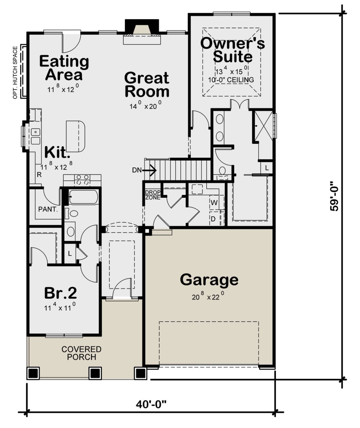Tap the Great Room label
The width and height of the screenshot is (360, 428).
147,84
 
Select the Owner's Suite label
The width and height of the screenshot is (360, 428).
232,50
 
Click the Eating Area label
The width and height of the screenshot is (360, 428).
64,68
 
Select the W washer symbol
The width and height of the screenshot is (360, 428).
214,203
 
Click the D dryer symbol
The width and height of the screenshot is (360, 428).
213,219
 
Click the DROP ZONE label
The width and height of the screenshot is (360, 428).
153,195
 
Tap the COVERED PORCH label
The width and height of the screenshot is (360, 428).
81,353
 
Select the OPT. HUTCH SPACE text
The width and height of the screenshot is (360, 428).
15,73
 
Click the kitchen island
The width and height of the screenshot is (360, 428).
75,136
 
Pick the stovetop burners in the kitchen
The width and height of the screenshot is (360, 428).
82,180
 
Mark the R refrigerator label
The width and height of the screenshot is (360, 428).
39,175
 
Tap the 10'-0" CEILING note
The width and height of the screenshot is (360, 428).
231,80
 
